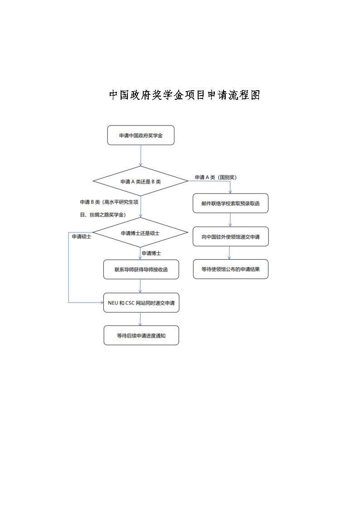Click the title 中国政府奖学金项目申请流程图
pyautogui.click(x=184, y=95)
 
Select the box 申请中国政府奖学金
pyautogui.click(x=141, y=136)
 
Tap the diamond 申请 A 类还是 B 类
pyautogui.click(x=141, y=181)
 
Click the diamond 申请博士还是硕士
pyautogui.click(x=140, y=233)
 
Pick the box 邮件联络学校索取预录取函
pyautogui.click(x=230, y=204)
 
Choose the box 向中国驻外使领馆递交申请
pyautogui.click(x=230, y=237)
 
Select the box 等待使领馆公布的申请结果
pyautogui.click(x=230, y=269)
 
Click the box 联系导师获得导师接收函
pyautogui.click(x=141, y=270)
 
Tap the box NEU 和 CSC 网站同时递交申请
pyautogui.click(x=141, y=303)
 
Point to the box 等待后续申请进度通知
pyautogui.click(x=141, y=335)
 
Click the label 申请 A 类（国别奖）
pyautogui.click(x=215, y=177)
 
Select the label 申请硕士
pyautogui.click(x=81, y=237)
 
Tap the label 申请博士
pyautogui.click(x=151, y=253)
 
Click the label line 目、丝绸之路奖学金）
pyautogui.click(x=103, y=214)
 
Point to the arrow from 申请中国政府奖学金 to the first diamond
pyautogui.click(x=141, y=155)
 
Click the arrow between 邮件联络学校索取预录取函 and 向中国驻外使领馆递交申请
pyautogui.click(x=230, y=220)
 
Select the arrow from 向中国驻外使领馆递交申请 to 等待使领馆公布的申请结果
pyautogui.click(x=230, y=253)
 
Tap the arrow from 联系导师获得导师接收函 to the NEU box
pyautogui.click(x=141, y=286)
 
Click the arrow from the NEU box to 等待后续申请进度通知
pyautogui.click(x=141, y=319)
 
